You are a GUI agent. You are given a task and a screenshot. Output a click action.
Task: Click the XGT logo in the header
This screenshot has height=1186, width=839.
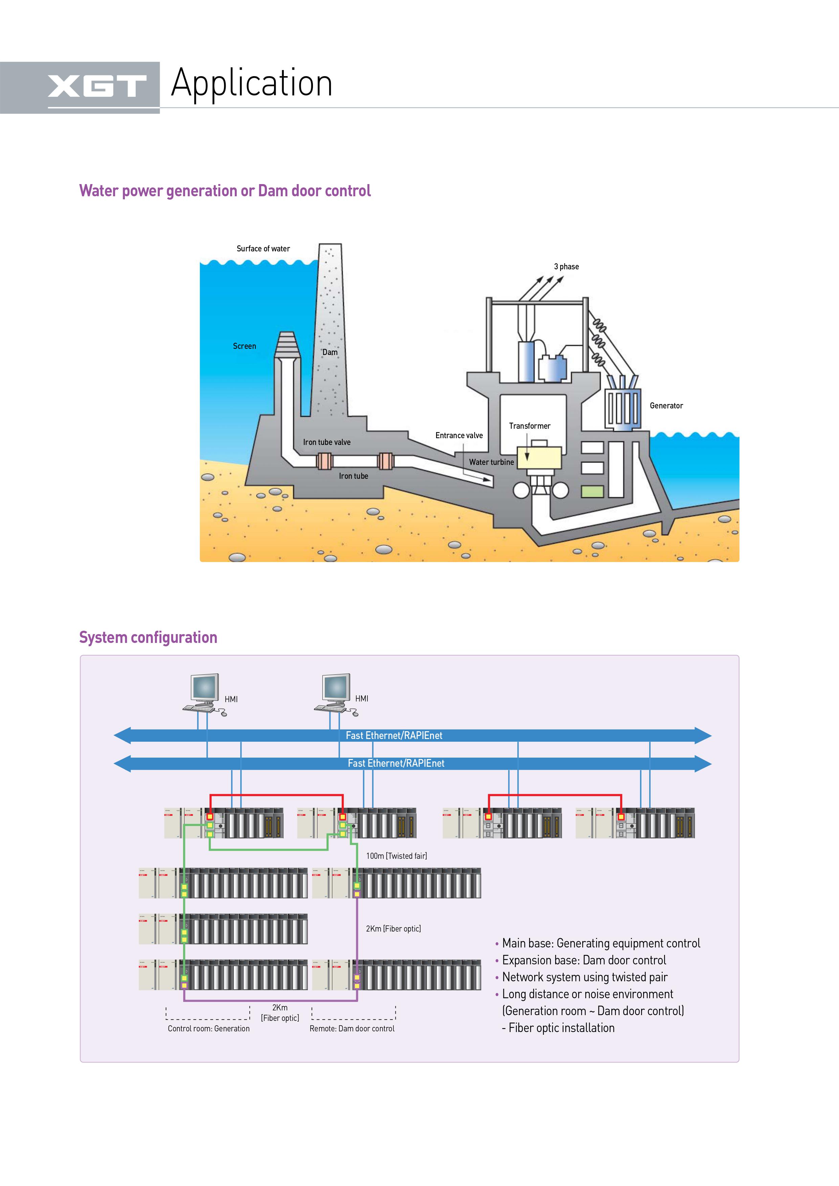click(x=97, y=86)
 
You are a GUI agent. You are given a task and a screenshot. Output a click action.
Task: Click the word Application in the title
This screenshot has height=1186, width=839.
click(x=252, y=83)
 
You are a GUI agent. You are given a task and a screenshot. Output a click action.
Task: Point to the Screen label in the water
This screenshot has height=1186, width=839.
click(x=244, y=346)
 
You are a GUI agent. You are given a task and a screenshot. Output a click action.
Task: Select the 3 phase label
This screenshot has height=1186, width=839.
click(x=566, y=267)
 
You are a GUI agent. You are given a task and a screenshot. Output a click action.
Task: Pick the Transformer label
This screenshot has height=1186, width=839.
click(x=529, y=426)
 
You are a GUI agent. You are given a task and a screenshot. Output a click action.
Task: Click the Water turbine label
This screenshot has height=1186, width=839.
click(x=491, y=462)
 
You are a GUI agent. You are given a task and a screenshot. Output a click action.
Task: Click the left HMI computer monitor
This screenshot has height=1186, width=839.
click(x=205, y=688)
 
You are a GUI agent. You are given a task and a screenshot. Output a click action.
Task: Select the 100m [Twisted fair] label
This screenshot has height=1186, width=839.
click(x=396, y=856)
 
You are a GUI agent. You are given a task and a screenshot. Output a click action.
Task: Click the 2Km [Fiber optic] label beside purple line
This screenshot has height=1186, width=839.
click(x=393, y=928)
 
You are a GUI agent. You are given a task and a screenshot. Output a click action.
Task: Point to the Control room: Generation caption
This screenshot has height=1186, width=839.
click(x=209, y=1028)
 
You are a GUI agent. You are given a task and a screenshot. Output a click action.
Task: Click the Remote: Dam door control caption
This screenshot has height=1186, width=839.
click(x=352, y=1028)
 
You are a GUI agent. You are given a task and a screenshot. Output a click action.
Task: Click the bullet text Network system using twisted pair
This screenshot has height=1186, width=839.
click(x=585, y=977)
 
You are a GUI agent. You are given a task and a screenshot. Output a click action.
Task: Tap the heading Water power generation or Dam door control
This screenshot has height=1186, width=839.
click(x=225, y=191)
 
